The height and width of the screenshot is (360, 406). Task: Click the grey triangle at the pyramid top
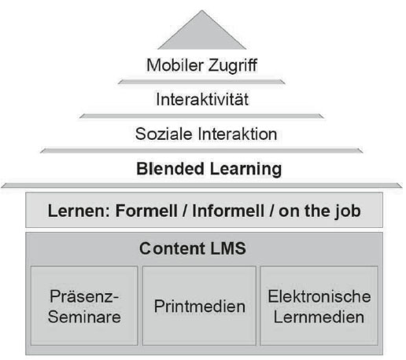point(202,34)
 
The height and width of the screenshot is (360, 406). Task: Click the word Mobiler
point(175,65)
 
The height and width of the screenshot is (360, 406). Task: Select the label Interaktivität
point(202,99)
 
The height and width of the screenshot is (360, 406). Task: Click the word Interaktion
point(238,134)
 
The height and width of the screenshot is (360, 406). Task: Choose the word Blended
point(170,168)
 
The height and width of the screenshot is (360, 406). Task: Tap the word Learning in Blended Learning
point(245,169)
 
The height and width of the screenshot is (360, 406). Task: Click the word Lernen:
point(79,211)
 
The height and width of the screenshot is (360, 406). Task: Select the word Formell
point(146,211)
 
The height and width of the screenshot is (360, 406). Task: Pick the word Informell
point(228,211)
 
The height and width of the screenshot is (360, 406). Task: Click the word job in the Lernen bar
point(348,211)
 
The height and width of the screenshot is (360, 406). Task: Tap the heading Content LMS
point(193,248)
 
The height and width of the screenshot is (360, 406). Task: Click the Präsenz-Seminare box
point(84,306)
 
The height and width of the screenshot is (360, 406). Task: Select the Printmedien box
point(199,306)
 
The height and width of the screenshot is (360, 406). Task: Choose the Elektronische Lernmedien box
point(319,306)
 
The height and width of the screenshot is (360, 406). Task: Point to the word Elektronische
point(319,296)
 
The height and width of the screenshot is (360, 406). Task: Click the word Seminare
point(84,317)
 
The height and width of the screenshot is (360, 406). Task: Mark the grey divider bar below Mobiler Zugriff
point(201,82)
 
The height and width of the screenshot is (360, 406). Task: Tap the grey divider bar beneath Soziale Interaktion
point(201,151)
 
